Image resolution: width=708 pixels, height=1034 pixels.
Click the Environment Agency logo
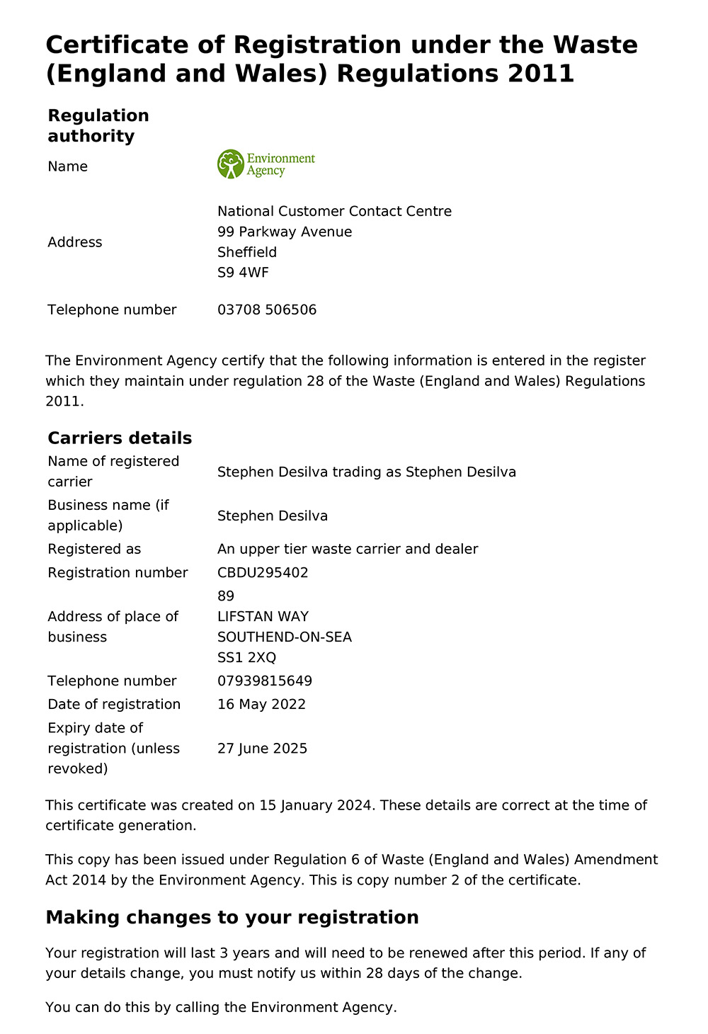266,164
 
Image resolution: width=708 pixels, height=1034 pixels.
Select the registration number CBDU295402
263,572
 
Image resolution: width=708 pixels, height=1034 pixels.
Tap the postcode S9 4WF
243,273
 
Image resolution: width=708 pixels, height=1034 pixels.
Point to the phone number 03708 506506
267,309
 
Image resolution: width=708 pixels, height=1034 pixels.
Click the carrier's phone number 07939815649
265,681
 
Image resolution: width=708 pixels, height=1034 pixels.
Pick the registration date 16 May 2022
261,704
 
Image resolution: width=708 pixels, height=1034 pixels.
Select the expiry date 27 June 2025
262,749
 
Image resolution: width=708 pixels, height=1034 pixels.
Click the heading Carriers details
120,438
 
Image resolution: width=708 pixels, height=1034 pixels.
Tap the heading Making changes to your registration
232,917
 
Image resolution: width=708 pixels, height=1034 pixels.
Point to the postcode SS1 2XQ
246,657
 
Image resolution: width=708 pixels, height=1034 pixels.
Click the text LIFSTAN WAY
263,616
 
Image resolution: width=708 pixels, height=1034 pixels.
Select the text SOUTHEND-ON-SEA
285,637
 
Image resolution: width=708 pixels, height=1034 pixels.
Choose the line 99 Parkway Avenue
285,232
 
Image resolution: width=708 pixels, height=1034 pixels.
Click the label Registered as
94,549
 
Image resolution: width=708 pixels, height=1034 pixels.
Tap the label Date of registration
114,704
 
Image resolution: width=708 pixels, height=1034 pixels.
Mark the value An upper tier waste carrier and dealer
348,549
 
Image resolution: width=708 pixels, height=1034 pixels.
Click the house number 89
226,596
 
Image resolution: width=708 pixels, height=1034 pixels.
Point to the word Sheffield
247,252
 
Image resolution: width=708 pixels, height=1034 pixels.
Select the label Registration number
118,572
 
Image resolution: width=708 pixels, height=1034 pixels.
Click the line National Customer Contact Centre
334,211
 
